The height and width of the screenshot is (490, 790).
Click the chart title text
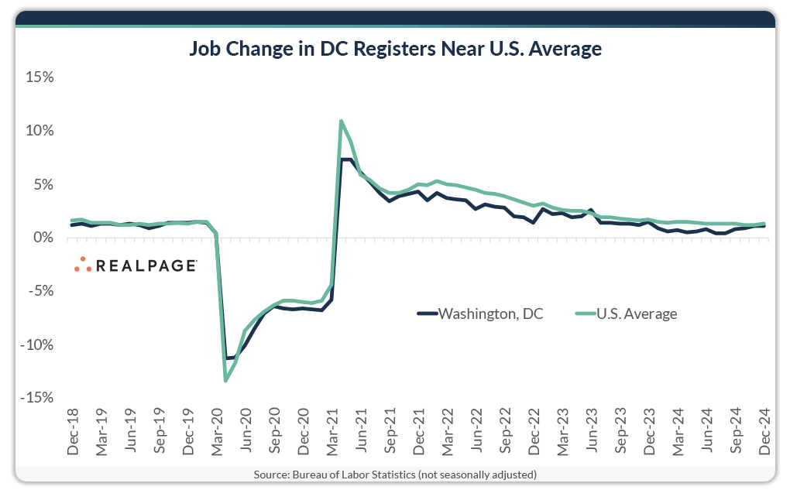click(x=395, y=50)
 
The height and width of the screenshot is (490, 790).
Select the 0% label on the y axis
click(x=41, y=238)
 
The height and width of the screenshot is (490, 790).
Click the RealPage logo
click(x=136, y=265)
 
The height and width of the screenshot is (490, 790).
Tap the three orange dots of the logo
click(x=83, y=265)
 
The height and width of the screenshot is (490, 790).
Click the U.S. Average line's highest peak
click(x=342, y=122)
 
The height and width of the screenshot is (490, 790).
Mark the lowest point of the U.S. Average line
click(x=226, y=380)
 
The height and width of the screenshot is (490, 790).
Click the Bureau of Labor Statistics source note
click(x=395, y=474)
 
